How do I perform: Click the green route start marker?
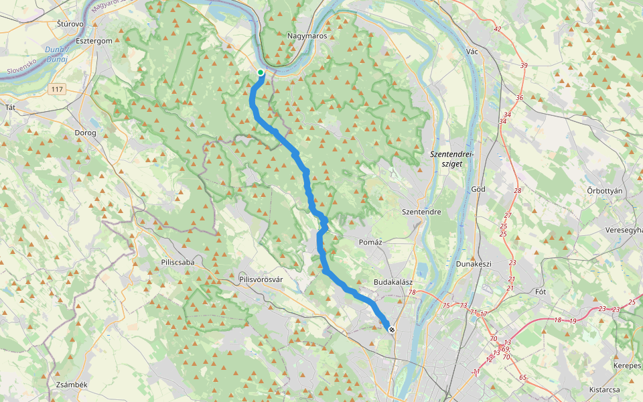[261, 72]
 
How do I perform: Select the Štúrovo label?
[70, 24]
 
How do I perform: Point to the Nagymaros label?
[307, 36]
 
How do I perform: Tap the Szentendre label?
[421, 212]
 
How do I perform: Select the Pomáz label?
[370, 242]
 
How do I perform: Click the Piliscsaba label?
[177, 262]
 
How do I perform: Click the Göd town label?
[478, 189]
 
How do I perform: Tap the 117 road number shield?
[57, 88]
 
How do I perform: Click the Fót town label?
[541, 291]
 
